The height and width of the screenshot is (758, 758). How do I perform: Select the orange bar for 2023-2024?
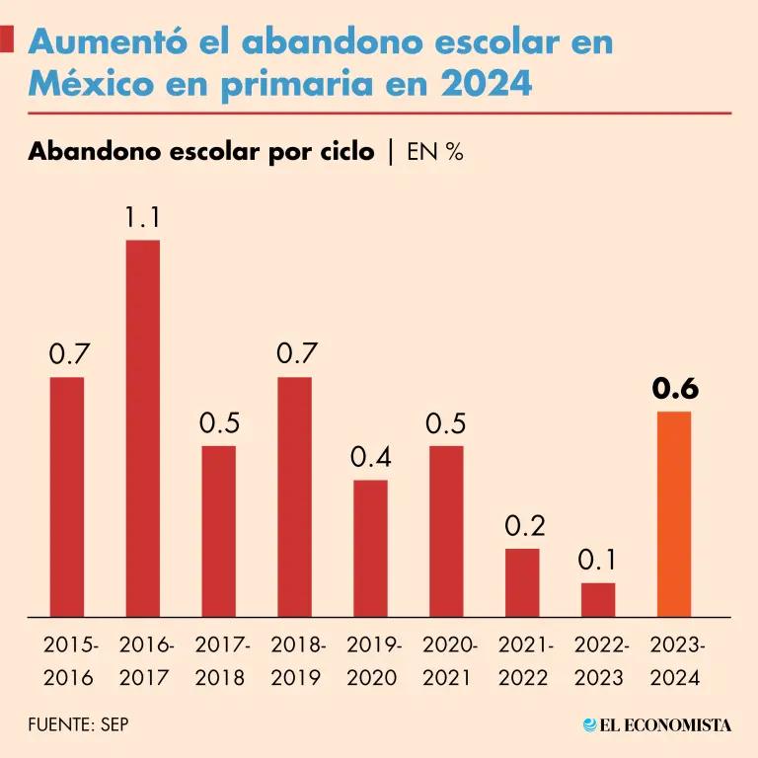pyautogui.click(x=674, y=514)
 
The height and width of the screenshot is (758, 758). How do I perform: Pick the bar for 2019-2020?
pyautogui.click(x=370, y=549)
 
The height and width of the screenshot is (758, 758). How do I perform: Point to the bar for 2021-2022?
pyautogui.click(x=522, y=583)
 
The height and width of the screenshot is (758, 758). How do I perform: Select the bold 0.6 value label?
pyautogui.click(x=675, y=390)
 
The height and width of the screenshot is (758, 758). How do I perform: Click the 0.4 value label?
pyautogui.click(x=371, y=458)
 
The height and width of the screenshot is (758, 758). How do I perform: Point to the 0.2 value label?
pyautogui.click(x=523, y=527)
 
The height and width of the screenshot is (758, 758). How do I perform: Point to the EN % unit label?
pyautogui.click(x=435, y=153)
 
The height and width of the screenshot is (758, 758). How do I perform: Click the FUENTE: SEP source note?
pyautogui.click(x=78, y=725)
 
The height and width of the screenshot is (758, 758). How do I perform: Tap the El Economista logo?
pyautogui.click(x=657, y=725)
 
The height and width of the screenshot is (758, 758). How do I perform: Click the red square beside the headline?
pyautogui.click(x=7, y=39)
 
